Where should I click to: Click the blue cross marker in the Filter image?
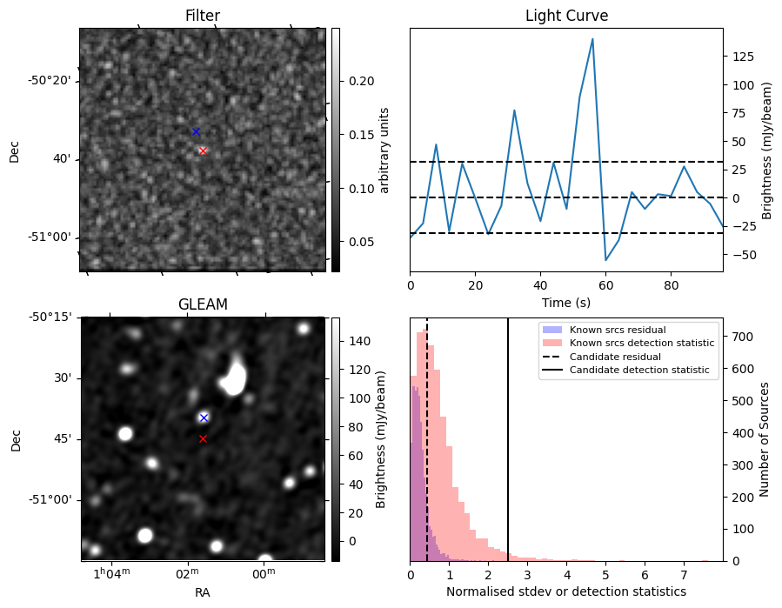point(196,131)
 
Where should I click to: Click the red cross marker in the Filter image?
point(203,150)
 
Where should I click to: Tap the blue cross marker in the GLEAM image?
point(204,418)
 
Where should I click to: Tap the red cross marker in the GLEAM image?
point(203,438)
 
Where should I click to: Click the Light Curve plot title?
point(566,16)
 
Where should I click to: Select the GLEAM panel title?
point(203,304)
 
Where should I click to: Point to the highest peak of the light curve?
point(592,39)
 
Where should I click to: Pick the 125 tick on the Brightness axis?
point(742,56)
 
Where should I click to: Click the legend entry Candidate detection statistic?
point(638,371)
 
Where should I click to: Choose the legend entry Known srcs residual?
point(618,330)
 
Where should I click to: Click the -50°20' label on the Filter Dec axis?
point(50,81)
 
